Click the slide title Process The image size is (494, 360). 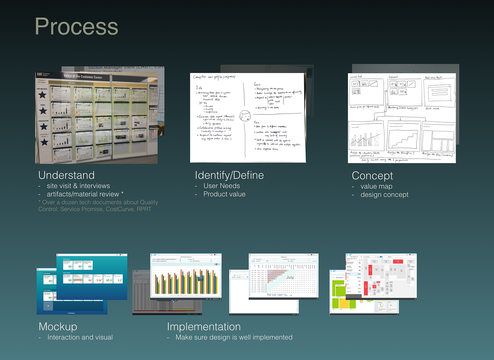(76, 27)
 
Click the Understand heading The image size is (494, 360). (66, 175)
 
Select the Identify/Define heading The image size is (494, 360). (229, 175)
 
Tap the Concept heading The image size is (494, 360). (372, 176)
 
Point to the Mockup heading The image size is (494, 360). (58, 327)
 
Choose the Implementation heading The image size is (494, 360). (204, 327)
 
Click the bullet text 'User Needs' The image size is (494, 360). (221, 186)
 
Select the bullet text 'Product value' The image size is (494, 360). (224, 194)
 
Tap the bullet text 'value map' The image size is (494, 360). (376, 186)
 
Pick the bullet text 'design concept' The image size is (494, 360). (384, 195)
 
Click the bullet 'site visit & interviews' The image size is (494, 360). (78, 186)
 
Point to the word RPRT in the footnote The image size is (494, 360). (144, 209)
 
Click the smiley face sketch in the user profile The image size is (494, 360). (245, 116)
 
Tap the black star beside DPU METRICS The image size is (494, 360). (42, 95)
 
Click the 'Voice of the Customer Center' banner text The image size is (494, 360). (83, 76)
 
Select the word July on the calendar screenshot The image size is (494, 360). (290, 277)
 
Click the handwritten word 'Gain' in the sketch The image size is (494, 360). (257, 84)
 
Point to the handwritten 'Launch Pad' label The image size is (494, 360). (355, 77)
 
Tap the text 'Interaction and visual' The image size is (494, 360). (80, 337)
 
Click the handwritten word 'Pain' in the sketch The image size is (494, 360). (257, 123)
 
